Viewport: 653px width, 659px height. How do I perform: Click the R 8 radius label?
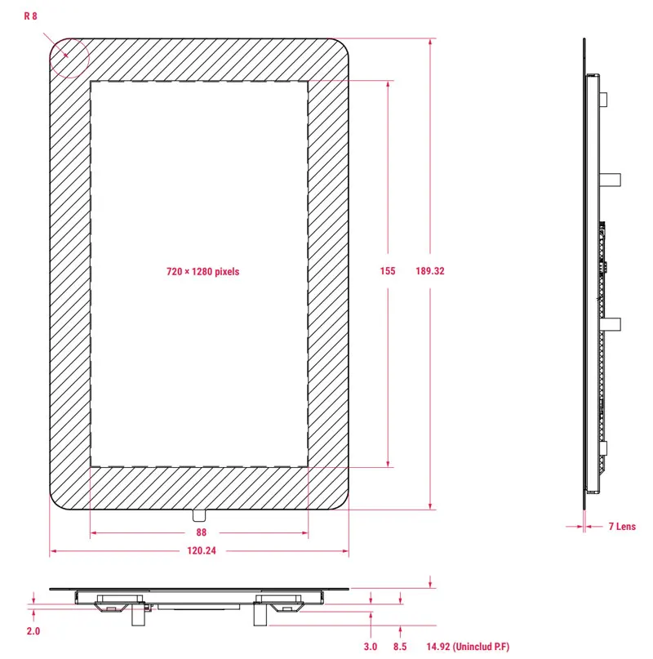coord(31,16)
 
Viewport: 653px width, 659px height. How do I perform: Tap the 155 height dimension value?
coord(388,271)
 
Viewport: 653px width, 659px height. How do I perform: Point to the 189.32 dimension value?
coord(430,271)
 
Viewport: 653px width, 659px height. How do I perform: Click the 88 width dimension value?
coord(202,532)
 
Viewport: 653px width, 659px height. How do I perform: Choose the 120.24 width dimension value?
coord(202,550)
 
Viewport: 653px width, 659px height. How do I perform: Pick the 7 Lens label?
coord(622,526)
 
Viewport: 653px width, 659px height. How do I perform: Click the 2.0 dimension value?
coord(33,631)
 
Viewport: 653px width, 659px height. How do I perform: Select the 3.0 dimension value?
coord(371,647)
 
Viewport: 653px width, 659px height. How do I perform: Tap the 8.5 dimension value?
coord(400,647)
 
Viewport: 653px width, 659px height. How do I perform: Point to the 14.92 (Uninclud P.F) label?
coord(468,647)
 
